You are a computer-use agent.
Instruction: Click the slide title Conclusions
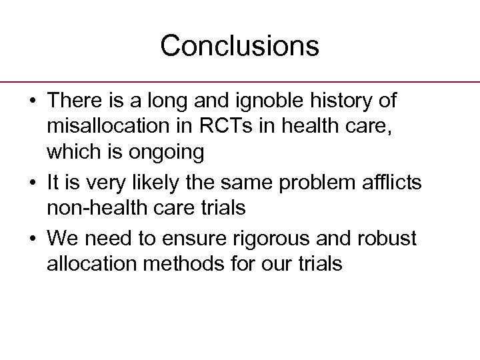tap(239, 46)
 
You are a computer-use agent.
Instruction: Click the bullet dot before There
tap(31, 102)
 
